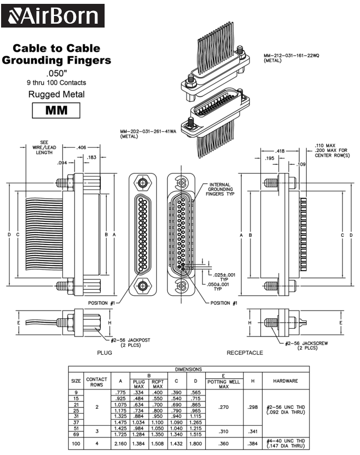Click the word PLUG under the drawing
pyautogui.click(x=105, y=353)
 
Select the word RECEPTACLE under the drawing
pyautogui.click(x=244, y=353)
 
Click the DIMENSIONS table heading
pyautogui.click(x=189, y=369)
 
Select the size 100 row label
pyautogui.click(x=75, y=442)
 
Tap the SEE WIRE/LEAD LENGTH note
pyautogui.click(x=44, y=148)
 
